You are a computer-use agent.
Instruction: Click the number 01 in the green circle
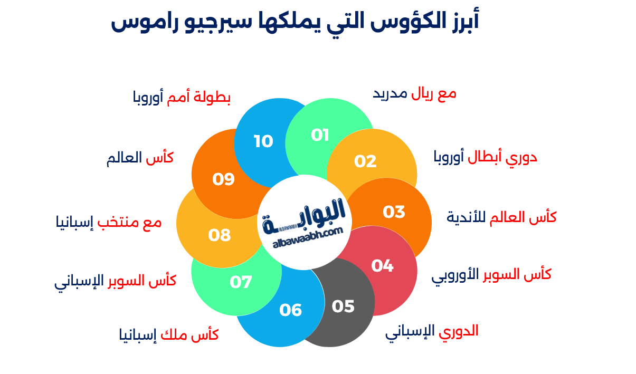pos(320,136)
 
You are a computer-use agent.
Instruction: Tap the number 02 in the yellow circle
pos(365,161)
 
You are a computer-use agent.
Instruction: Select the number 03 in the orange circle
pos(394,212)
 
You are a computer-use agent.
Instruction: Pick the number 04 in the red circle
pos(382,266)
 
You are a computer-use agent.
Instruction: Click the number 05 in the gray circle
pos(343,306)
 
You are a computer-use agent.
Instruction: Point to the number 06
pos(290,310)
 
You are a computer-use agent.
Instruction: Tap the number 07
pos(241,282)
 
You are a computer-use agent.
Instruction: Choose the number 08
pos(220,235)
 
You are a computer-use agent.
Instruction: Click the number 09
pos(223,179)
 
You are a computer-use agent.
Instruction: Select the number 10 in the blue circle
pos(263,141)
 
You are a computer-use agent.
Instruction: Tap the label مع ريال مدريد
pos(415,94)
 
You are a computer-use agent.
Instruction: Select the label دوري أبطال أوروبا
pos(485,157)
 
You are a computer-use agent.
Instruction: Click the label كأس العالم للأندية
pos(501,217)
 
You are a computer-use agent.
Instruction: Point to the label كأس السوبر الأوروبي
pos(491,274)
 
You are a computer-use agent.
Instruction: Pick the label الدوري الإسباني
pos(432,331)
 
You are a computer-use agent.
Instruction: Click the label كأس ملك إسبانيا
pos(169,334)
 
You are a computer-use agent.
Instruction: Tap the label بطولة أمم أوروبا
pos(182,98)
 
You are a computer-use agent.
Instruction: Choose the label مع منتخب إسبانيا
pos(108,222)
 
